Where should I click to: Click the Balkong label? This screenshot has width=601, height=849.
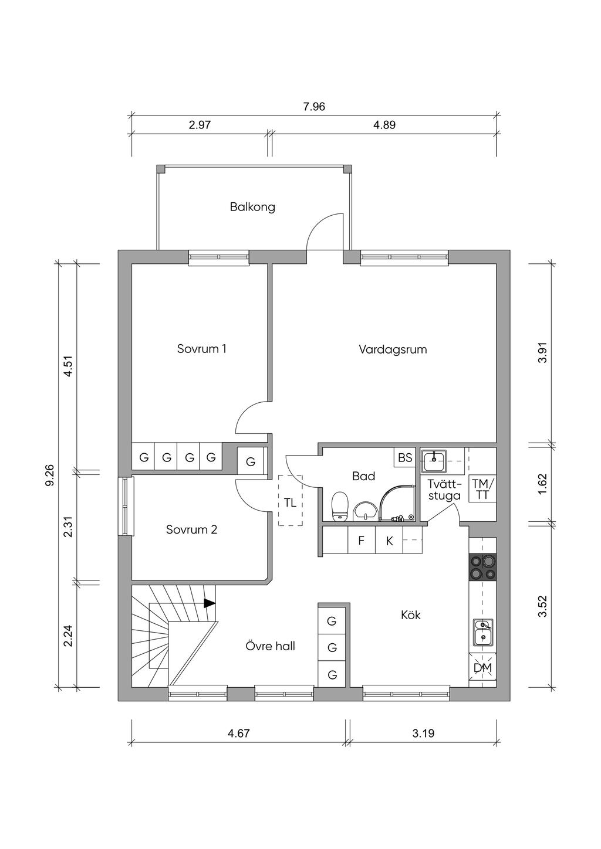click(x=252, y=208)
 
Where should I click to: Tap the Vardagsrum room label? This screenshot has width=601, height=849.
click(x=393, y=349)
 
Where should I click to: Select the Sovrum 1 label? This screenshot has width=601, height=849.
click(x=201, y=349)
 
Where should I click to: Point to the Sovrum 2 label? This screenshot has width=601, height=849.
click(x=191, y=529)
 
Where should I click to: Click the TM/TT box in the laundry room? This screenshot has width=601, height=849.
click(x=482, y=489)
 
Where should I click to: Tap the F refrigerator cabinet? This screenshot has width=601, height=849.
click(x=361, y=540)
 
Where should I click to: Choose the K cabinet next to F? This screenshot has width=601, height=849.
click(x=389, y=541)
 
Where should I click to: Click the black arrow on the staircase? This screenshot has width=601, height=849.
click(x=210, y=603)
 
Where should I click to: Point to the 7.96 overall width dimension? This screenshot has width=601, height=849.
click(x=314, y=107)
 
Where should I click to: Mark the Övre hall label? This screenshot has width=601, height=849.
click(x=270, y=646)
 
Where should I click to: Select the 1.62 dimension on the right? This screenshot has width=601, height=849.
click(x=543, y=484)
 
